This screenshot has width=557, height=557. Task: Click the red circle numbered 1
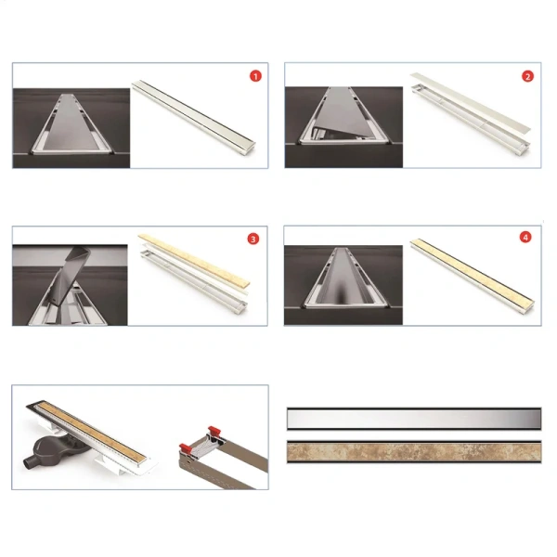255,76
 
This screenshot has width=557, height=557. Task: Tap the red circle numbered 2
527,76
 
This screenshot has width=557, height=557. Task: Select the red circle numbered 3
253,240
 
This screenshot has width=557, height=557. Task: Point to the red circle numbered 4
525,237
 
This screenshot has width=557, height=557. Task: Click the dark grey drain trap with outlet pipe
53,451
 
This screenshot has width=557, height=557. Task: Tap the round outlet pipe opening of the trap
28,464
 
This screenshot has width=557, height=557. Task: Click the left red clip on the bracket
187,448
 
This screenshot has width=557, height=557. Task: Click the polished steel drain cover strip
414,420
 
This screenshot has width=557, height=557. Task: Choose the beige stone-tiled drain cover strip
414,452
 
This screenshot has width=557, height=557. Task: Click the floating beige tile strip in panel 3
194,260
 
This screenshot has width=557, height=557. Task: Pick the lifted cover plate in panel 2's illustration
470,101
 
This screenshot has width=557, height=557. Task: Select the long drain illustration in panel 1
194,118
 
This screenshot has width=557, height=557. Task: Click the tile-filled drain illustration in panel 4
473,276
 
